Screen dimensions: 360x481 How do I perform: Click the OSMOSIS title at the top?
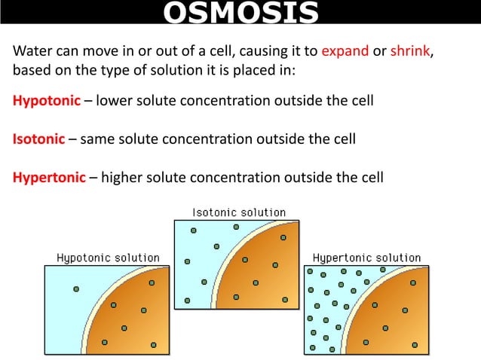pos(240,13)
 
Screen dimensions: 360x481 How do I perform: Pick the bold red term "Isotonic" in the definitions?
pos(41,139)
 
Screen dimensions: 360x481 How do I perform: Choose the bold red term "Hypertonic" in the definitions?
pos(49,178)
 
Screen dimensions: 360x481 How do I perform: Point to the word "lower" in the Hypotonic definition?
pos(115,101)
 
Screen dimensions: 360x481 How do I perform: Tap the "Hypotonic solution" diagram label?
pos(109,258)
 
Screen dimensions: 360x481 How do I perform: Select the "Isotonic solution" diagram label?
pos(239,212)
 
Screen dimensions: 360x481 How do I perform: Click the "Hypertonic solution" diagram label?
pos(366,258)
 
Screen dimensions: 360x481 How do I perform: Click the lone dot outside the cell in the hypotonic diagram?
pos(75,288)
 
